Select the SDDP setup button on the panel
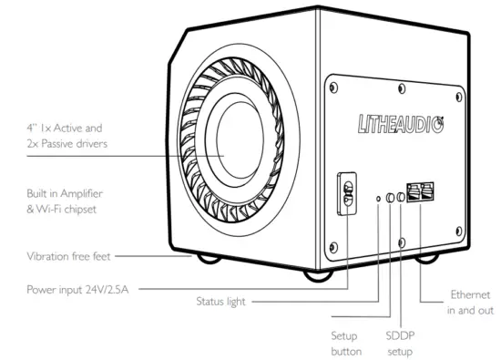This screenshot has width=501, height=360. point(402,195)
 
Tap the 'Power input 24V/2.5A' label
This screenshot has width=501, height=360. point(80,290)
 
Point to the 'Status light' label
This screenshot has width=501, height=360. point(224,301)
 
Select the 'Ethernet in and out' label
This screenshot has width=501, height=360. point(469,303)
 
